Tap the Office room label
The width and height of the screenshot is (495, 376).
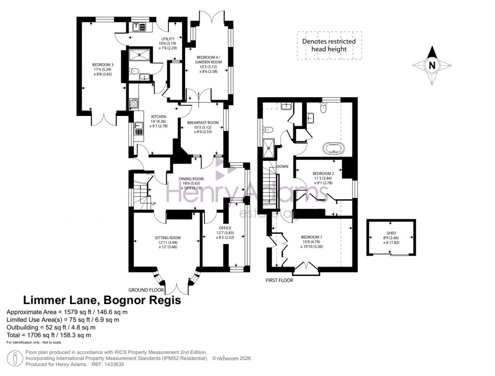[225, 228]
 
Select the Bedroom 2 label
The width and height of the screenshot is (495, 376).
[323, 173]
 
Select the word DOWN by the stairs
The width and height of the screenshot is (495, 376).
[283, 166]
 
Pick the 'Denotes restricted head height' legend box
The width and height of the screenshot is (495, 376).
[329, 45]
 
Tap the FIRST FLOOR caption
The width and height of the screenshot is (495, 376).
[279, 280]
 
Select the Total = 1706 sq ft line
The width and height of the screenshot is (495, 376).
[49, 334]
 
